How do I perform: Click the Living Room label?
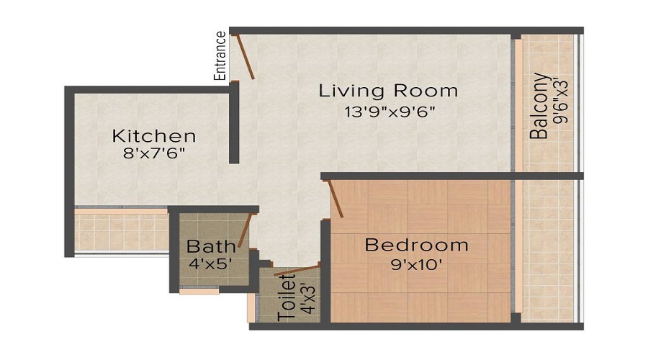pos(389,91)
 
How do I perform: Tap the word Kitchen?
pos(153,135)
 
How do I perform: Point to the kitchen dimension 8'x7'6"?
pos(153,153)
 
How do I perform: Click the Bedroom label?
pos(416,245)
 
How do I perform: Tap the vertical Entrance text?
pos(220,55)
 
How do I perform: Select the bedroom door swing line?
pos(336,199)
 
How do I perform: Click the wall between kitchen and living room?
pos(234,122)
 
